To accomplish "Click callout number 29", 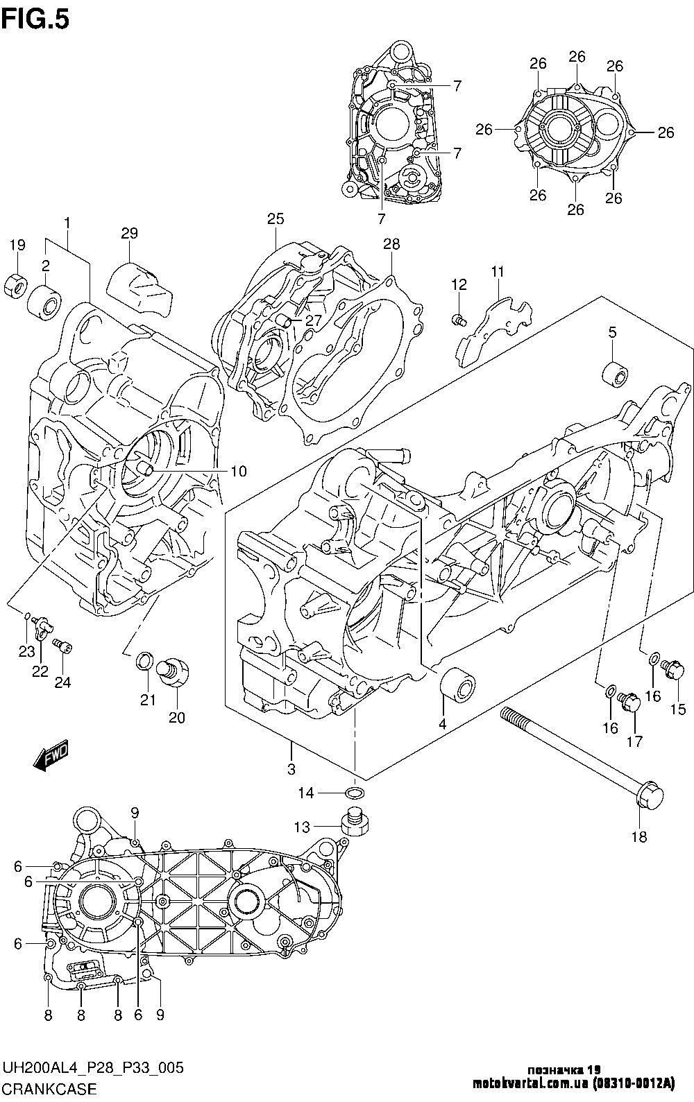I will tap(130, 233).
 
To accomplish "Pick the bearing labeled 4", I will tap(458, 686).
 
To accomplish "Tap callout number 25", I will tap(275, 219).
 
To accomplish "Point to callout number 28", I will tap(392, 243).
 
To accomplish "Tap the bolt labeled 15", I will tap(674, 670).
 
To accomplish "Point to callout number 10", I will tap(238, 472).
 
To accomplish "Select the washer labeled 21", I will tap(144, 661).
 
